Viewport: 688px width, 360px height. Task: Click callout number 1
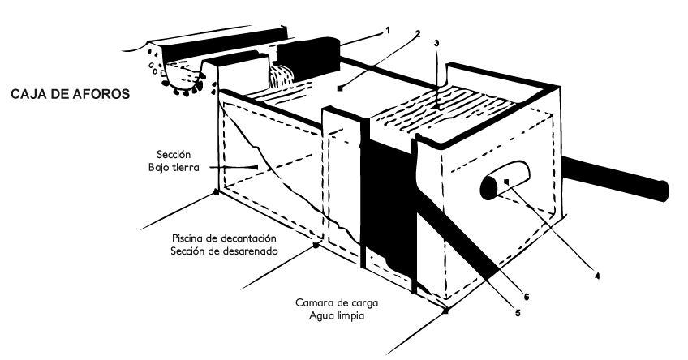[388, 30]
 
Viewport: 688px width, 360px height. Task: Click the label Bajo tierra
[178, 166]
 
